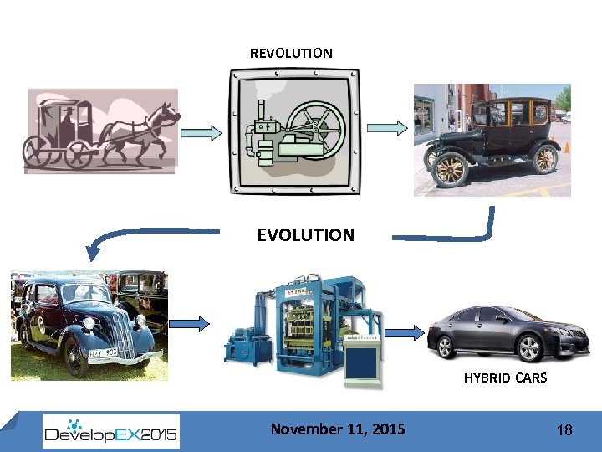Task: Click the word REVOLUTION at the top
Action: (291, 53)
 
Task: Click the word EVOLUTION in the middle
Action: (305, 235)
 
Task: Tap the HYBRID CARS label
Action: (505, 378)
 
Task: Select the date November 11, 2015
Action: (337, 429)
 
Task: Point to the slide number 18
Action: (564, 430)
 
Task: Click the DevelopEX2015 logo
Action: (111, 432)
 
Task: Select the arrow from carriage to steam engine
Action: (202, 132)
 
